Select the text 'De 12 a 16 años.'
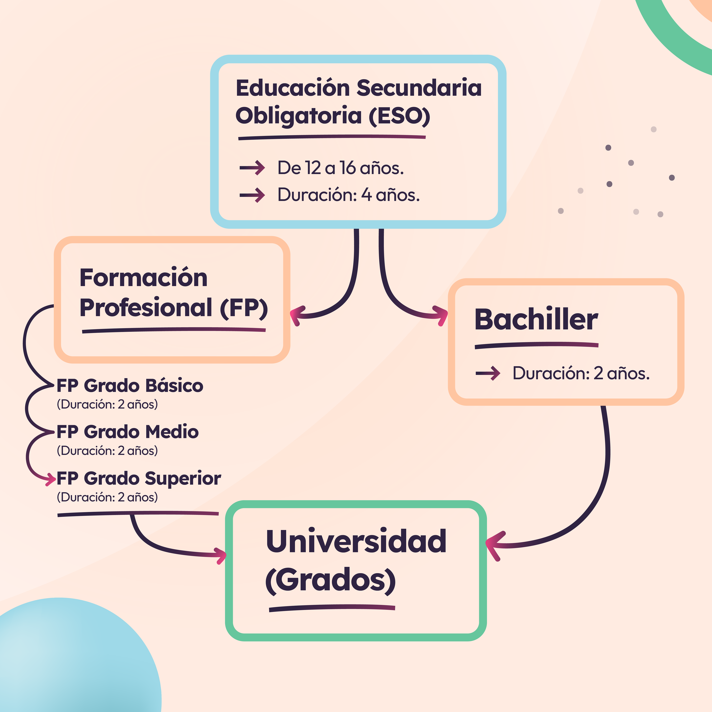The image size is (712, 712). click(x=341, y=168)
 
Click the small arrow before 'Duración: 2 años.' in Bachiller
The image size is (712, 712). click(x=488, y=373)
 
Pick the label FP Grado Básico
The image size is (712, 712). click(x=130, y=386)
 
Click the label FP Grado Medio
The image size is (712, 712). click(x=128, y=432)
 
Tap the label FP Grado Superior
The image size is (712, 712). click(x=139, y=478)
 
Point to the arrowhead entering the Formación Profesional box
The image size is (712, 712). click(x=296, y=315)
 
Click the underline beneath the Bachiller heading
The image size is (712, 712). click(x=536, y=345)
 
